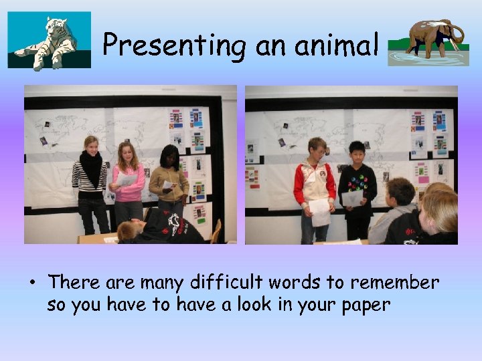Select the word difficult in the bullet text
[x=216, y=283]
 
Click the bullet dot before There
[x=31, y=283]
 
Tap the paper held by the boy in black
[x=351, y=198]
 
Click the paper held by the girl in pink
[x=125, y=180]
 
